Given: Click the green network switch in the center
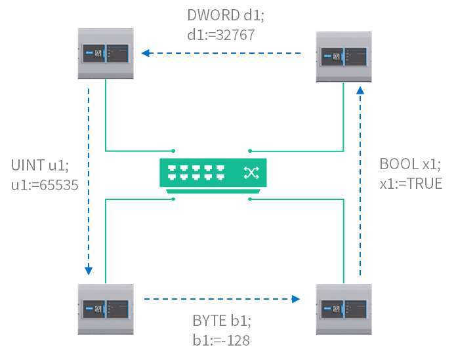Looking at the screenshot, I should pos(213,174).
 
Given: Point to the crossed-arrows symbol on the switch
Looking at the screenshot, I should pos(251,172).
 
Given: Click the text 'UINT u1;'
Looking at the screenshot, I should pos(39,165).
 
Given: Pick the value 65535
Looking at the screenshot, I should pos(56,185).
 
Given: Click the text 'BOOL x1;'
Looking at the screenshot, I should pos(410,164).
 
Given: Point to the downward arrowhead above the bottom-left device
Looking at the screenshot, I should pos(89,270).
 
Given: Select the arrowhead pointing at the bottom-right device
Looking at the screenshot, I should pos(296,299).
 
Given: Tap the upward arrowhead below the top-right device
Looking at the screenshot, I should pos(359,90).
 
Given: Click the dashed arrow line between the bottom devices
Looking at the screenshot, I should pos(217,299).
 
